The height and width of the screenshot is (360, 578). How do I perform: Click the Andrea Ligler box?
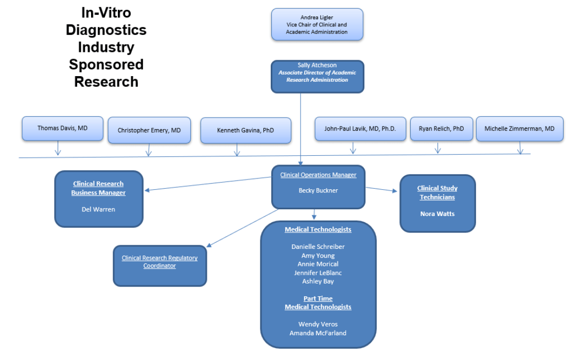[317, 24]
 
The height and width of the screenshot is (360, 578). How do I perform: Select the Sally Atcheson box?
[317, 76]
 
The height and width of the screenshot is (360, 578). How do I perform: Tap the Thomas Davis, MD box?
[62, 128]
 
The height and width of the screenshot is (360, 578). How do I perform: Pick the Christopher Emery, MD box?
[149, 130]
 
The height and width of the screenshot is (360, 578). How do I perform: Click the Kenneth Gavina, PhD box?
[246, 131]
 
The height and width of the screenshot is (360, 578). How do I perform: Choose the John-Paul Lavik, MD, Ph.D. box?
[360, 129]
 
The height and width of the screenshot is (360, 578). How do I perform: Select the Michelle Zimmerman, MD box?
[519, 129]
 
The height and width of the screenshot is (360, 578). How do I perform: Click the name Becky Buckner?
[318, 190]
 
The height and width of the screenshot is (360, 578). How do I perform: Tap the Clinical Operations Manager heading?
[318, 175]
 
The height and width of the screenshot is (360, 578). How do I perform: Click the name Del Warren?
[98, 209]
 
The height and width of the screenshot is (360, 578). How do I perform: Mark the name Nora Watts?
[437, 214]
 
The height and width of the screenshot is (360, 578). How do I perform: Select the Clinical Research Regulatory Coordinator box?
[160, 265]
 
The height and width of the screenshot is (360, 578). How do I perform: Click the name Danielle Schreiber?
[318, 247]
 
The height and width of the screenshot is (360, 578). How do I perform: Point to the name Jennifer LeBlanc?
[318, 273]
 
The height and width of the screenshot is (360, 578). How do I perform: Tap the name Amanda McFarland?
[318, 333]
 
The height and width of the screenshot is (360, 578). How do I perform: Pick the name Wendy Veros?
[318, 324]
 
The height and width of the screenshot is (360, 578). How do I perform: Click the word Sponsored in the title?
[106, 64]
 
